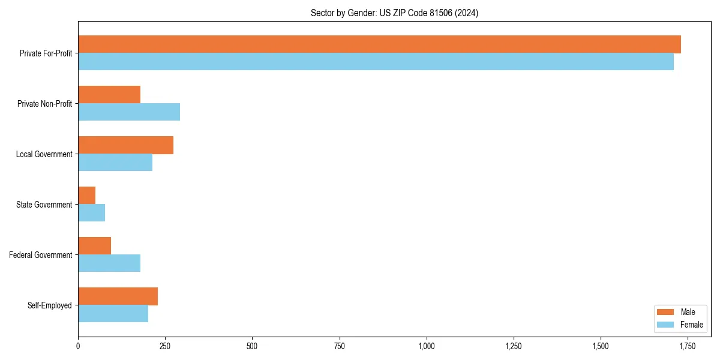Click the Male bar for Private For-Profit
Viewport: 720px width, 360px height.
[379, 44]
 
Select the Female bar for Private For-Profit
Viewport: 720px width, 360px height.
[376, 62]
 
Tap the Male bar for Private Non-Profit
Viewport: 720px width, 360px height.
[109, 95]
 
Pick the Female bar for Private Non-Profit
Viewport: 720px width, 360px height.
[129, 112]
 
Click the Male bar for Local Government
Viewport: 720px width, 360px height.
[125, 145]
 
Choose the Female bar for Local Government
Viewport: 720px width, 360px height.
[115, 163]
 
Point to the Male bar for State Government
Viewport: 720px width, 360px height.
[87, 196]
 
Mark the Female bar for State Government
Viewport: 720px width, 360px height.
[92, 213]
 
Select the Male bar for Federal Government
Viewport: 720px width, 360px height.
[95, 246]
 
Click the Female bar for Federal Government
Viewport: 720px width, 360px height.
[109, 263]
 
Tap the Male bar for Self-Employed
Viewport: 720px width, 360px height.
[118, 296]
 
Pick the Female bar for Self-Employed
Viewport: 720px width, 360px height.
[113, 314]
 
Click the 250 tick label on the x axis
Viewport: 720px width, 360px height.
[165, 346]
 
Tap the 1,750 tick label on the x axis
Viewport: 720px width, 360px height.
[688, 346]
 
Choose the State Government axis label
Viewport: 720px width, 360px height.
[44, 205]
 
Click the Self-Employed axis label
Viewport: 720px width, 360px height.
[50, 305]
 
